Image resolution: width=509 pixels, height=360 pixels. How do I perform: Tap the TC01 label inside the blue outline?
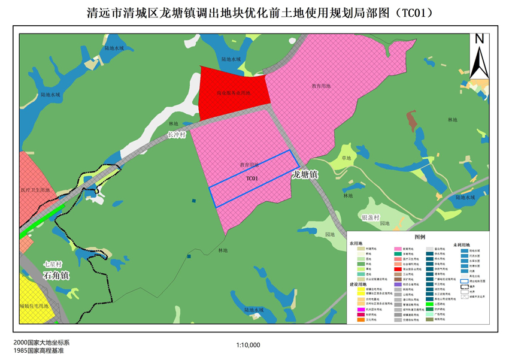coord(252,179)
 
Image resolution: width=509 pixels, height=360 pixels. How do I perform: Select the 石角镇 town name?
coord(57,276)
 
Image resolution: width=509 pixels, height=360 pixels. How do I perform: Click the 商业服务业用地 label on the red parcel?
coord(234,93)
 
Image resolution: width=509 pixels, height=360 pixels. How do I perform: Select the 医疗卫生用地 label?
coord(38,190)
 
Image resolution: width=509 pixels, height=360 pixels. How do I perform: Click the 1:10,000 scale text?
coord(248,345)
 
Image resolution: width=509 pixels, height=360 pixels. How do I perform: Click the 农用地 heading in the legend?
coord(358,244)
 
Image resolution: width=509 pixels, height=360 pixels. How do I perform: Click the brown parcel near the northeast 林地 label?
coord(411,120)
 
